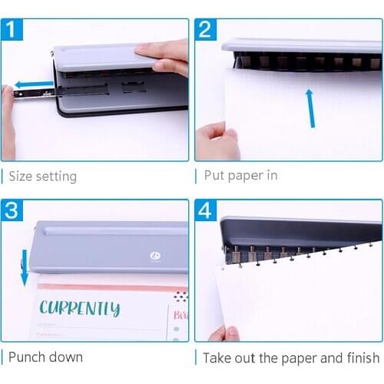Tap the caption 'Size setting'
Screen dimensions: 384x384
(x=42, y=176)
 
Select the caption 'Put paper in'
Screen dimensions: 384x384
(x=240, y=175)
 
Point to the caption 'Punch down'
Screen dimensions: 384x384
(x=45, y=357)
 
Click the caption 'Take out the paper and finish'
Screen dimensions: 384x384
(x=291, y=357)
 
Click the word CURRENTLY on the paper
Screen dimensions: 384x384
(x=80, y=309)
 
